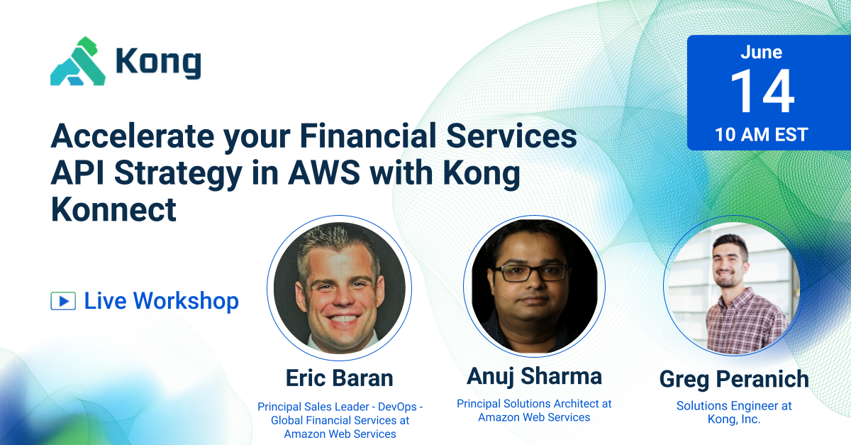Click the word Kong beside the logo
157,63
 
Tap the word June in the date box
761,53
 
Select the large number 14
762,92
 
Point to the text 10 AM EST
761,134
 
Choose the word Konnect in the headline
113,210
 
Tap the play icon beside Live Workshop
63,301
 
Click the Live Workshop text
161,301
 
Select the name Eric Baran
339,378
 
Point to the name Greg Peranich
734,379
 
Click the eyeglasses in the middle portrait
531,271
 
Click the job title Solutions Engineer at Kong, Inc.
734,412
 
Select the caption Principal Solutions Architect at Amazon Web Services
534,410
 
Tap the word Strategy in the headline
177,175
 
